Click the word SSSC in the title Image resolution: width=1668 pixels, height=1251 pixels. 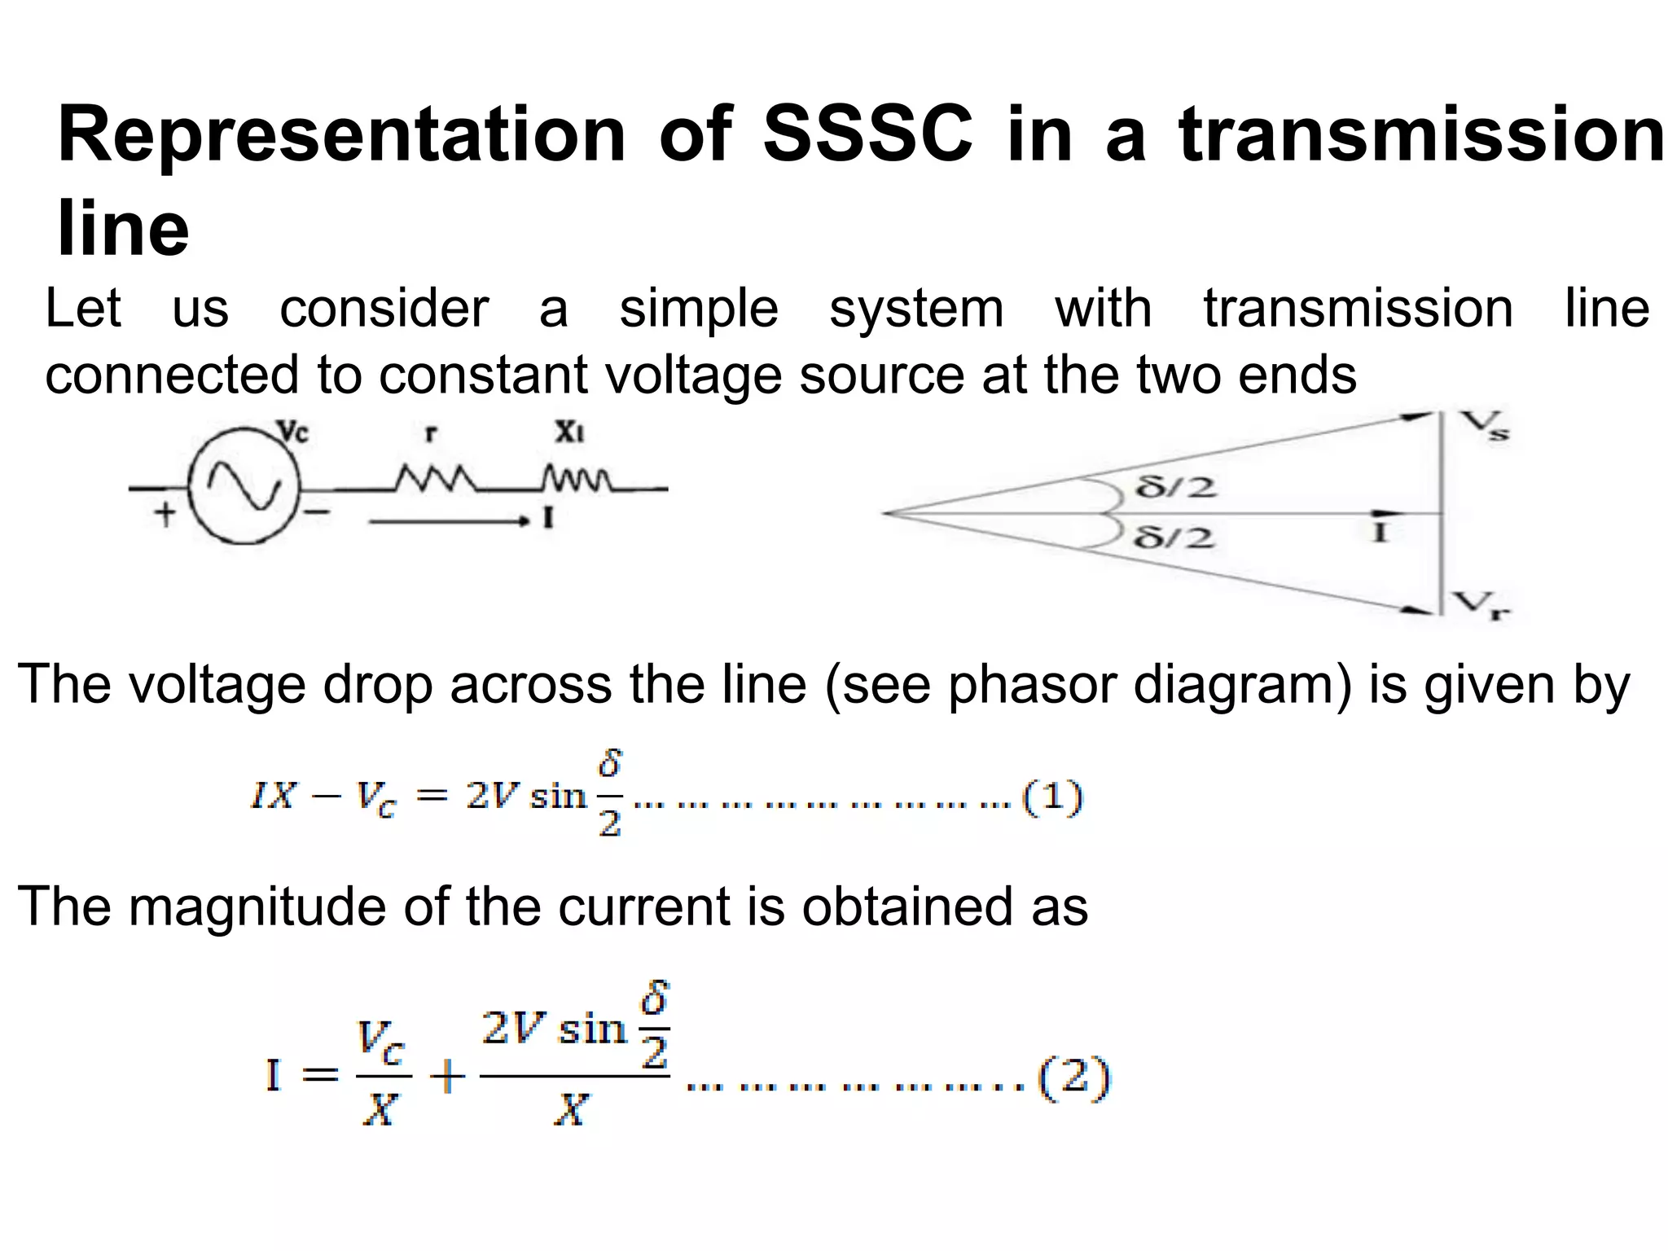pyautogui.click(x=867, y=135)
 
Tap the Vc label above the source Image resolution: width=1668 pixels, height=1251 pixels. pyautogui.click(x=294, y=432)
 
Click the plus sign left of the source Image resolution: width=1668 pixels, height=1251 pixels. pyautogui.click(x=165, y=515)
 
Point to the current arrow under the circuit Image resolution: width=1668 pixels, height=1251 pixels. pyautogui.click(x=448, y=521)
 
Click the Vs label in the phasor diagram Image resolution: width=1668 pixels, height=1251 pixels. pyautogui.click(x=1484, y=425)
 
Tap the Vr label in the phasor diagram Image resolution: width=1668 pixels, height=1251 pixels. pyautogui.click(x=1484, y=604)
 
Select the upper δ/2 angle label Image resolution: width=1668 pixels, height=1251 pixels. pyautogui.click(x=1175, y=487)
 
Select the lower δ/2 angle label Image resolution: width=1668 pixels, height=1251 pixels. pyautogui.click(x=1175, y=538)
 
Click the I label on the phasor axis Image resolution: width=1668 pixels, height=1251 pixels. pyautogui.click(x=1379, y=533)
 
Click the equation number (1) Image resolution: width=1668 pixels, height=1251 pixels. pyautogui.click(x=1052, y=798)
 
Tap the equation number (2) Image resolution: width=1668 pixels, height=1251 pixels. pyautogui.click(x=1074, y=1078)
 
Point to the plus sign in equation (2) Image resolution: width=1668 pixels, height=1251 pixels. pyautogui.click(x=447, y=1079)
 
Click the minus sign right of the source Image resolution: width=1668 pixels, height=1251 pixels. pyautogui.click(x=318, y=513)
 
